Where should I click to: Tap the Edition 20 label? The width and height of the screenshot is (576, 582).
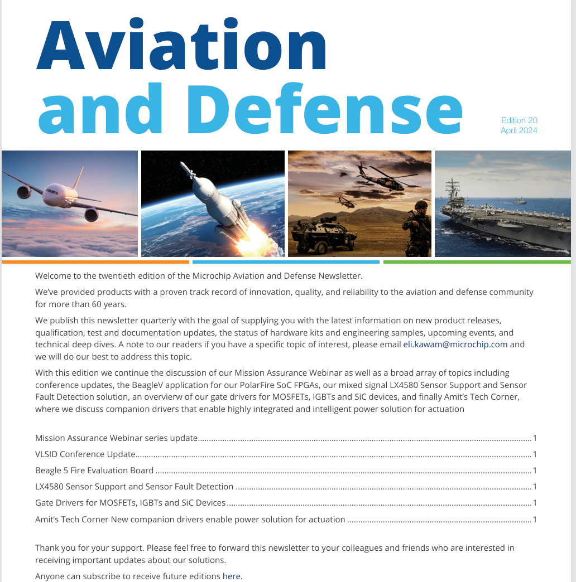[519, 120]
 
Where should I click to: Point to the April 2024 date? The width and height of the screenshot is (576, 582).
[519, 130]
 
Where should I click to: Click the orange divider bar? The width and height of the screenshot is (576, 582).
[95, 261]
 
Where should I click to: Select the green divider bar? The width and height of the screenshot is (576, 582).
[477, 261]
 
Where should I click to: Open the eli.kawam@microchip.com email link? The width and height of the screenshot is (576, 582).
[455, 345]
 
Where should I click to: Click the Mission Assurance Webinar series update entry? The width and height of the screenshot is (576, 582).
[117, 438]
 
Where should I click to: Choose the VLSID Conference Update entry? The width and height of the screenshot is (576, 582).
[85, 454]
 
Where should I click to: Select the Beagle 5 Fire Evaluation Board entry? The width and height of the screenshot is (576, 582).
[94, 471]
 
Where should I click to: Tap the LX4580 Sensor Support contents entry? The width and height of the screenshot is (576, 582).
[134, 487]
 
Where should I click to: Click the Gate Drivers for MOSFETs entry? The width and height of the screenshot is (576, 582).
[130, 503]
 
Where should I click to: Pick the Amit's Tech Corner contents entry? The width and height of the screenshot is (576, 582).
[190, 520]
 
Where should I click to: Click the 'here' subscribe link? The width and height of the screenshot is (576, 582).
[232, 576]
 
